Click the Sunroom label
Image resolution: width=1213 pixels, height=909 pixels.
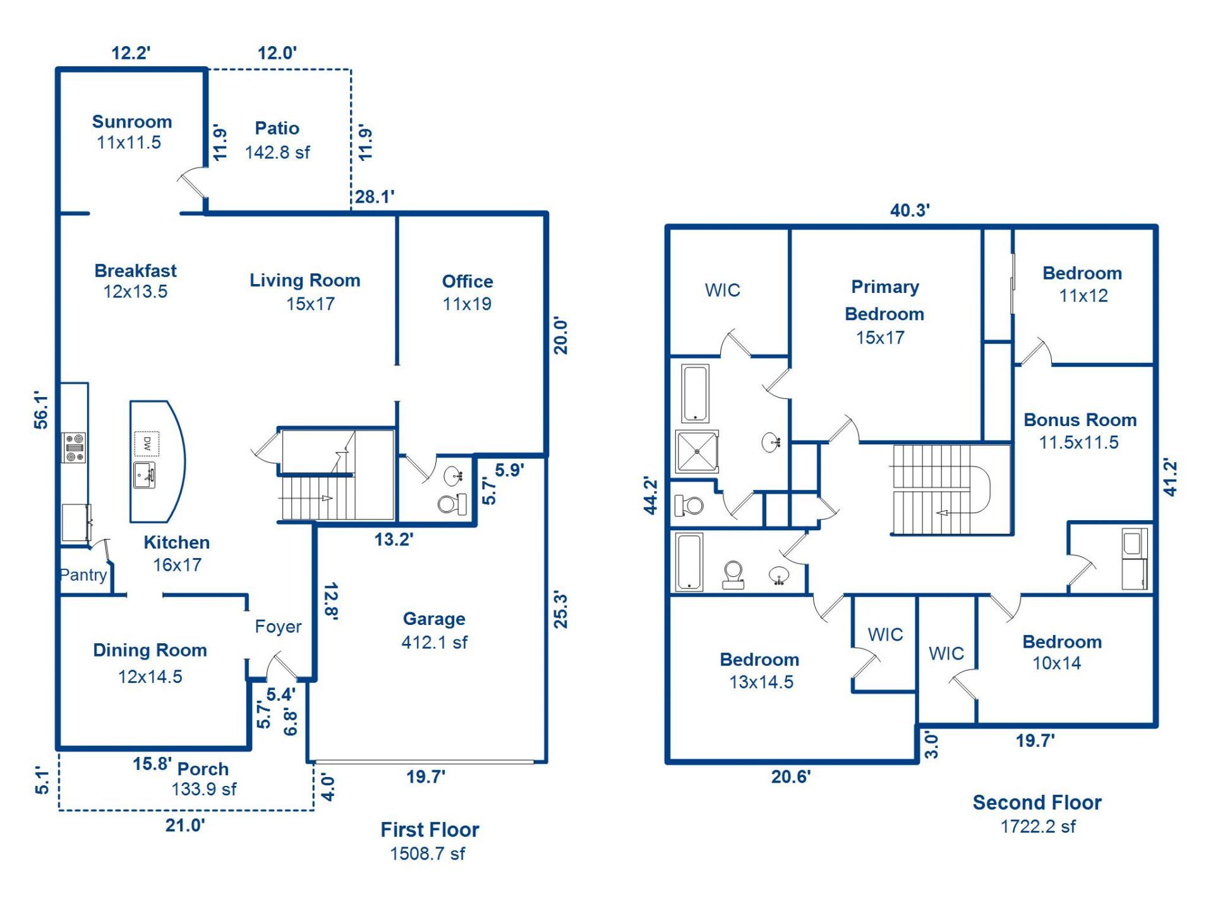click(x=132, y=121)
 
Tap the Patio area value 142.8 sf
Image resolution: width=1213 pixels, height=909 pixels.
click(x=277, y=152)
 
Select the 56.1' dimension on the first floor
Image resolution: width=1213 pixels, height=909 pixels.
click(x=41, y=410)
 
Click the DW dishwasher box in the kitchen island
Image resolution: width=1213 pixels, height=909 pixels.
click(x=147, y=444)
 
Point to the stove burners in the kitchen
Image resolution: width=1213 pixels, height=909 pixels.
click(x=74, y=447)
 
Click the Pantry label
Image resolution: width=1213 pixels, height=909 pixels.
click(x=83, y=574)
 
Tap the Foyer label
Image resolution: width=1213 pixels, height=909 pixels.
click(x=278, y=626)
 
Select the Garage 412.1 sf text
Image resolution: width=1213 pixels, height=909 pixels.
click(x=435, y=643)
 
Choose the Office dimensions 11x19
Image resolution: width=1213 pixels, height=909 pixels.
click(x=467, y=304)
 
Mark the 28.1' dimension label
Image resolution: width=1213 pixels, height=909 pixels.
click(x=375, y=197)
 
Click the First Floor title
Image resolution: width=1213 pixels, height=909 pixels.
click(x=430, y=829)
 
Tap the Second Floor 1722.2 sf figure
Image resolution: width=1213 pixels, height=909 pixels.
click(x=1038, y=826)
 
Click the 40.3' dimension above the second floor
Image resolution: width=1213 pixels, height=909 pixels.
click(x=910, y=210)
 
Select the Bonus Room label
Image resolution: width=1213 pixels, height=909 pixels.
click(x=1080, y=420)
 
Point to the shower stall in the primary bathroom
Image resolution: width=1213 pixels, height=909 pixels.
click(x=697, y=451)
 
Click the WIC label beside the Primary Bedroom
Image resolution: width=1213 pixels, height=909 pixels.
click(x=722, y=290)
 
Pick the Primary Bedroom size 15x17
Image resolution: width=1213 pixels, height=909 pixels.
click(x=880, y=338)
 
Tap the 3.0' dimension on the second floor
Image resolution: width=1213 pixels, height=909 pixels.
click(x=931, y=745)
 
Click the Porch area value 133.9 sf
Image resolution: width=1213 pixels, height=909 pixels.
click(x=204, y=789)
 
